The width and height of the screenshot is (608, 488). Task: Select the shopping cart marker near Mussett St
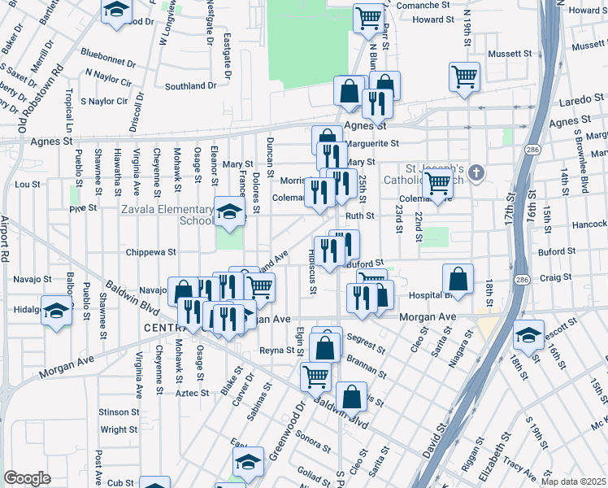[464, 77]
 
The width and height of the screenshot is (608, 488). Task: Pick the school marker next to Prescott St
[528, 334]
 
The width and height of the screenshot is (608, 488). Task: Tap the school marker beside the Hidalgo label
[57, 312]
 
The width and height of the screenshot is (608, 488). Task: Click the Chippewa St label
[146, 252]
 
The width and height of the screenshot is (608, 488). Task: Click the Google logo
[28, 477]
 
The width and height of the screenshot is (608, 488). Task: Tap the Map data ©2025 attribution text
[572, 482]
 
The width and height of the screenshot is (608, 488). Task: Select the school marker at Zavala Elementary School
[230, 213]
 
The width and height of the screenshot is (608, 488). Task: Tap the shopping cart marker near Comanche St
[368, 19]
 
